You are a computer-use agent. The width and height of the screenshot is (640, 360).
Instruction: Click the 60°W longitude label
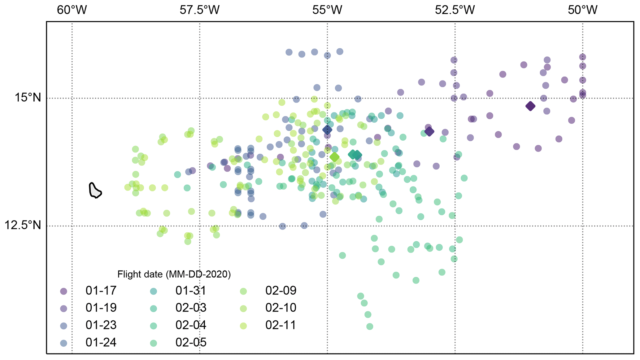pos(72,10)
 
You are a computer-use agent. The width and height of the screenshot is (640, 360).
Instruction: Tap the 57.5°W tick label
pos(199,10)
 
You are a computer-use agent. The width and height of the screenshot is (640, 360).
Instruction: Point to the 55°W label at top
pos(327,10)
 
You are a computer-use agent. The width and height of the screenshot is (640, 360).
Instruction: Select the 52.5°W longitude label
pos(455,10)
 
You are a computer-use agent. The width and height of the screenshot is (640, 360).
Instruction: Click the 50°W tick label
pos(582,10)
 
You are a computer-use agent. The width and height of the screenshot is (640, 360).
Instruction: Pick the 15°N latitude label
pos(28,98)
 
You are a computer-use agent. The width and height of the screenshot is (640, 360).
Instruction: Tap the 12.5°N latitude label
pos(23,225)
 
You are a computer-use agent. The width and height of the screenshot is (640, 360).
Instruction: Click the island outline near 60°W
pos(95,191)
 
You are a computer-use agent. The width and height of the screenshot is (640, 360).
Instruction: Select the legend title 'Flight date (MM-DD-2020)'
pos(174,274)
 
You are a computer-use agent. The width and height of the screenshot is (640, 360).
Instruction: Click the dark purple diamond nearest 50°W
pos(530,106)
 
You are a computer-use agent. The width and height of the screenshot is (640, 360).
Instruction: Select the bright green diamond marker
pos(334,157)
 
